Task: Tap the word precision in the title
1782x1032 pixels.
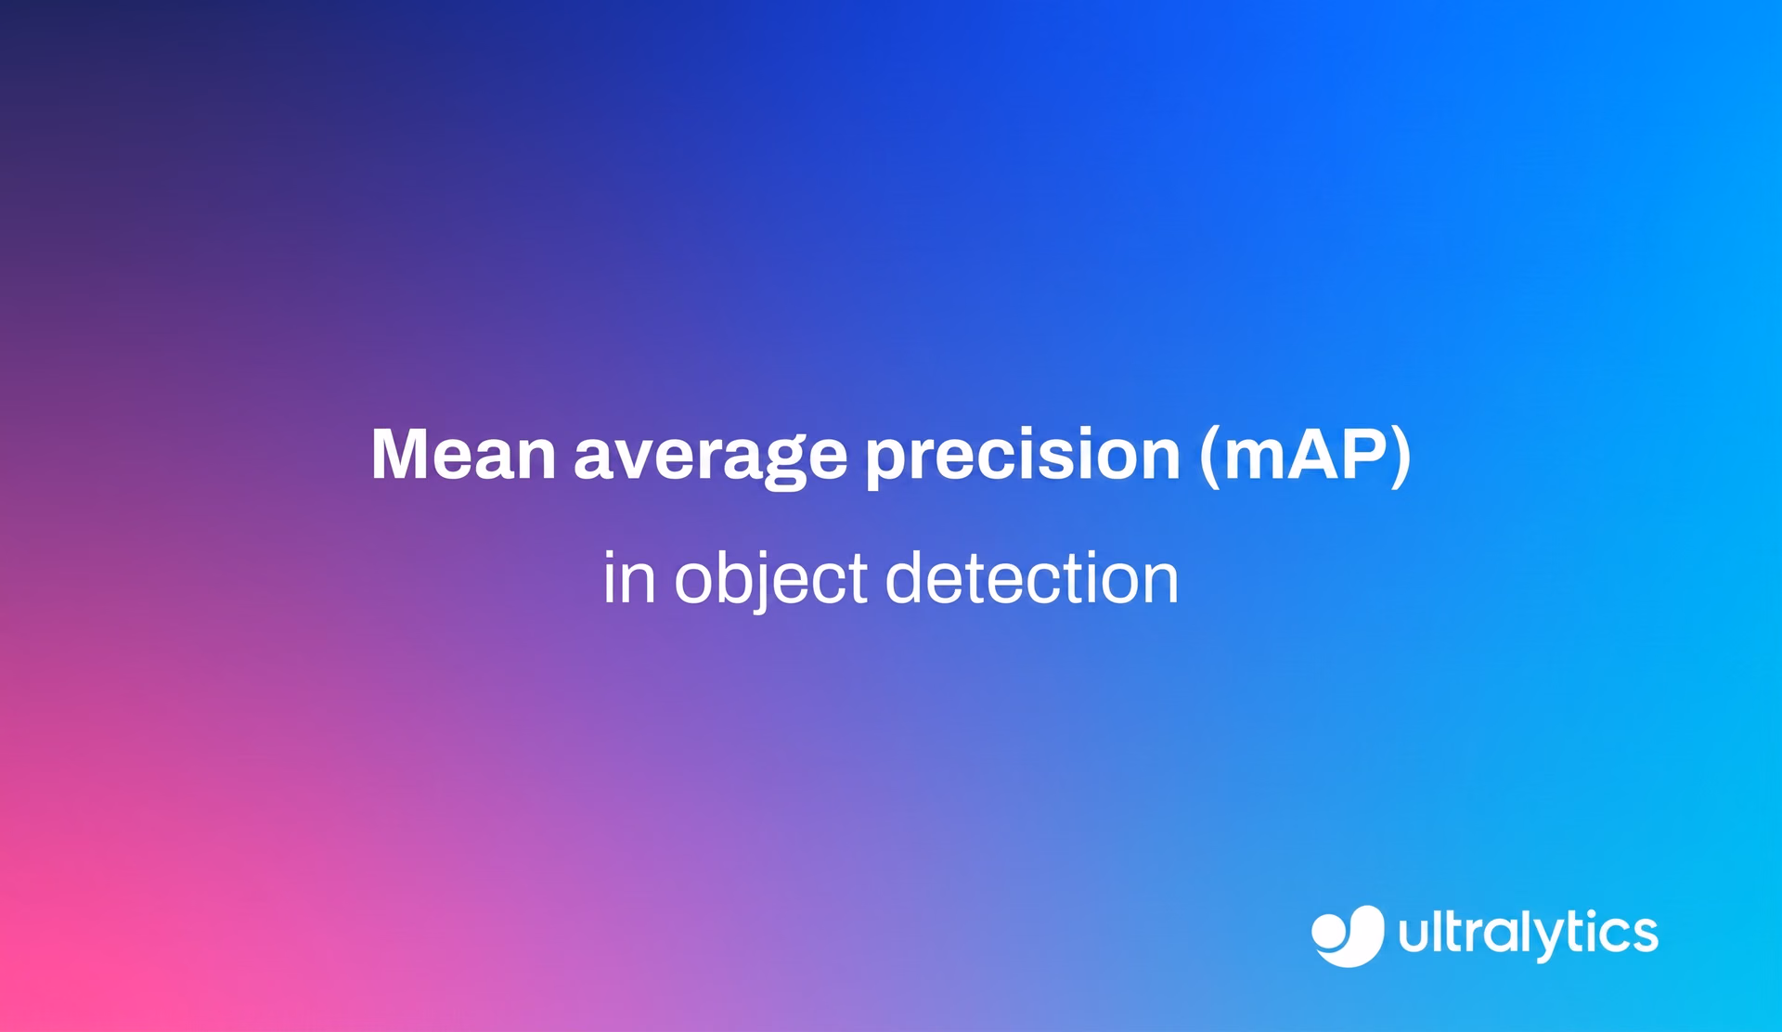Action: (1023, 458)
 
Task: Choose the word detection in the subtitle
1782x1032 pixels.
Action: (1032, 577)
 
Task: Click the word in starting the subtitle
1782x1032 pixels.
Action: (629, 577)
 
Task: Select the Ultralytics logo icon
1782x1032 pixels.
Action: (1348, 935)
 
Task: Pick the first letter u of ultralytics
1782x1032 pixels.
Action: (1416, 935)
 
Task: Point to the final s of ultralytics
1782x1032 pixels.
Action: (1644, 935)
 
